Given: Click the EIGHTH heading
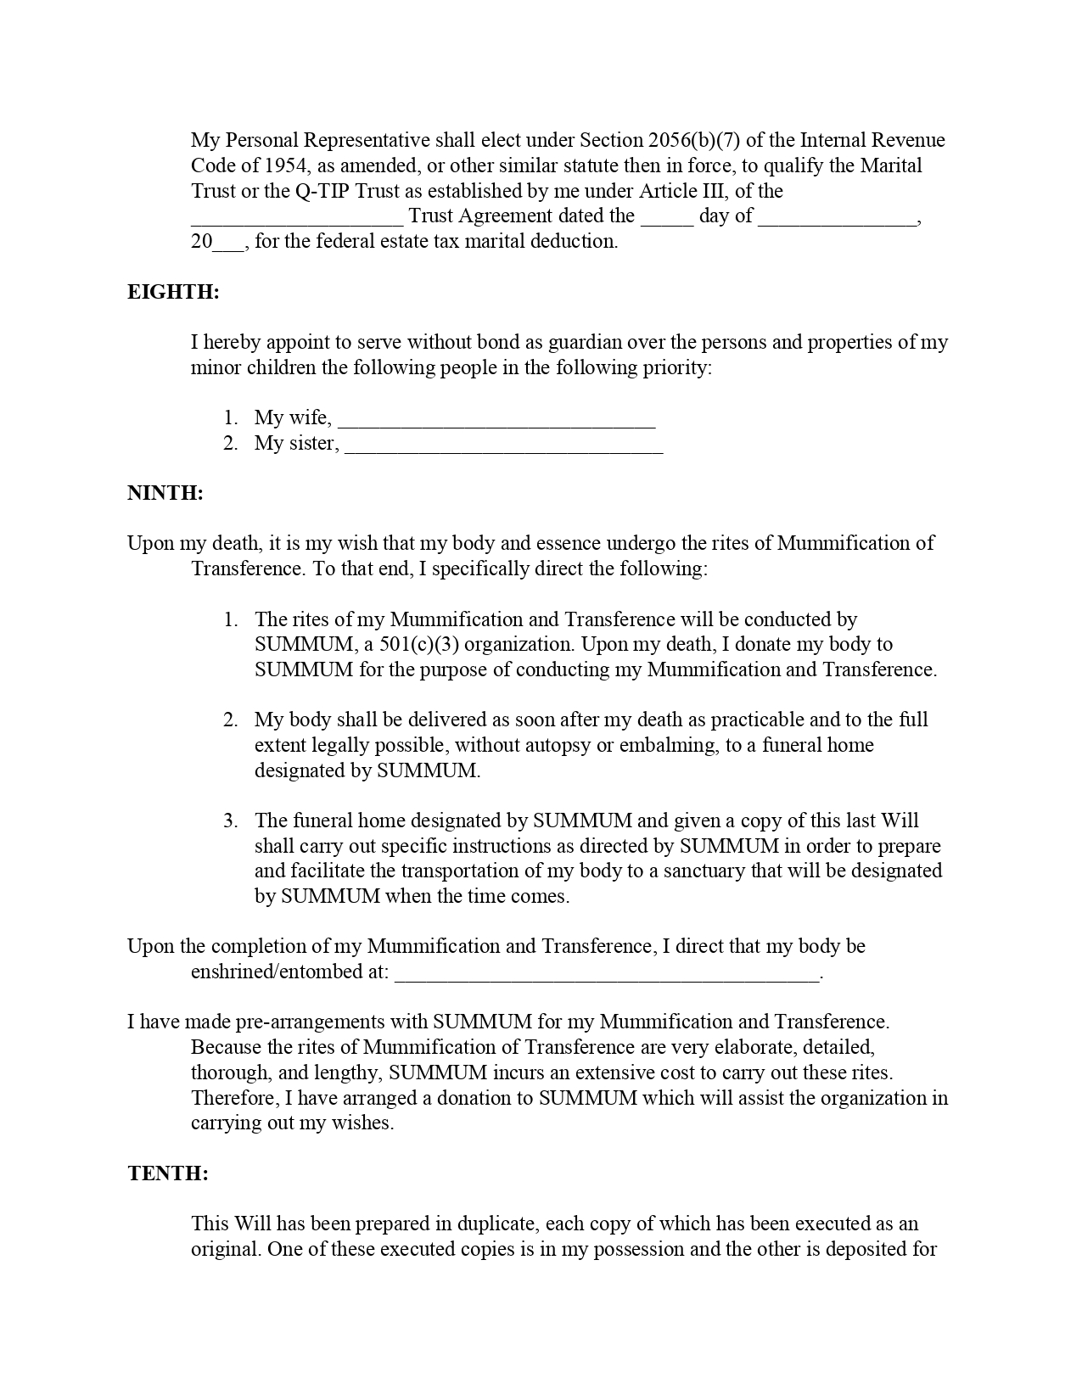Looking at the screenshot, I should point(173,292).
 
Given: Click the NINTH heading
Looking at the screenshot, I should point(165,493).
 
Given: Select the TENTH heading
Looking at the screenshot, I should point(168,1173).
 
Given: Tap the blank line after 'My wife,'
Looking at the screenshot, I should point(496,421).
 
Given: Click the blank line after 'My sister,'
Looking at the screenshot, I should point(504,446).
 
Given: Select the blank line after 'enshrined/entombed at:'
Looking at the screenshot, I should point(608,975).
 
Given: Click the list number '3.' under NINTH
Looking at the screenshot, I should point(231,820).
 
